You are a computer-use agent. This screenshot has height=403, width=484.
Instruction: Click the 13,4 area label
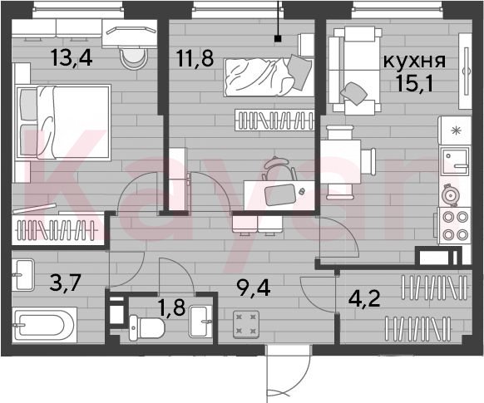pyautogui.click(x=72, y=57)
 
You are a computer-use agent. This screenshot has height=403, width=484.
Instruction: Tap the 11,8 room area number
pyautogui.click(x=195, y=58)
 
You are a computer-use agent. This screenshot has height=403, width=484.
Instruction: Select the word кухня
pyautogui.click(x=414, y=61)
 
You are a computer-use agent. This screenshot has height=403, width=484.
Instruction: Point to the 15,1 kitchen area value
pyautogui.click(x=414, y=83)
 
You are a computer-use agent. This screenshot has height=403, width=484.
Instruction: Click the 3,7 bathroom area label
pyautogui.click(x=65, y=283)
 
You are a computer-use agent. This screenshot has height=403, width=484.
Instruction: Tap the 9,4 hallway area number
pyautogui.click(x=254, y=289)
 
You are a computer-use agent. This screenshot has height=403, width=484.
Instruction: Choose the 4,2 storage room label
pyautogui.click(x=363, y=299)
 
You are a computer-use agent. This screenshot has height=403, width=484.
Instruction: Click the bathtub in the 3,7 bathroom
pyautogui.click(x=44, y=325)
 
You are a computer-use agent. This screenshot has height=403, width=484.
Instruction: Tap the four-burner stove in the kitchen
pyautogui.click(x=454, y=226)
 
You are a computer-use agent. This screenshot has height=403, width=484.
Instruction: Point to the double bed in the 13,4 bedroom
pyautogui.click(x=63, y=122)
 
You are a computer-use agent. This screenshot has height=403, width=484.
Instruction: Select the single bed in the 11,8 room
pyautogui.click(x=269, y=76)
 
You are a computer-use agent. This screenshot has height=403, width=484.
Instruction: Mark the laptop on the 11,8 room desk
pyautogui.click(x=279, y=195)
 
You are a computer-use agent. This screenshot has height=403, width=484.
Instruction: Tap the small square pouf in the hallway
pyautogui.click(x=246, y=325)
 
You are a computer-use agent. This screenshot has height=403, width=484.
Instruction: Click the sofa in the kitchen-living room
pyautogui.click(x=355, y=70)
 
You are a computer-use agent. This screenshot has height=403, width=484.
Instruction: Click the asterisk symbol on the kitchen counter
pyautogui.click(x=454, y=130)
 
